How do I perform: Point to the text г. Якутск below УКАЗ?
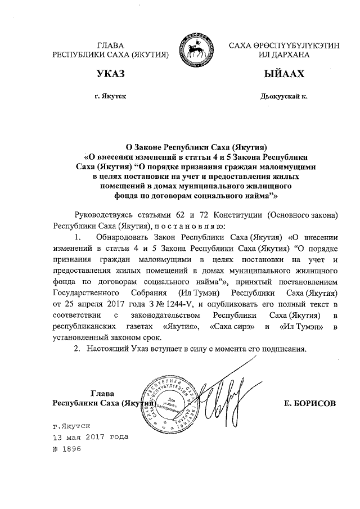(x=110, y=96)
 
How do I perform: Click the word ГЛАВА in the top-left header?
(x=110, y=44)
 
